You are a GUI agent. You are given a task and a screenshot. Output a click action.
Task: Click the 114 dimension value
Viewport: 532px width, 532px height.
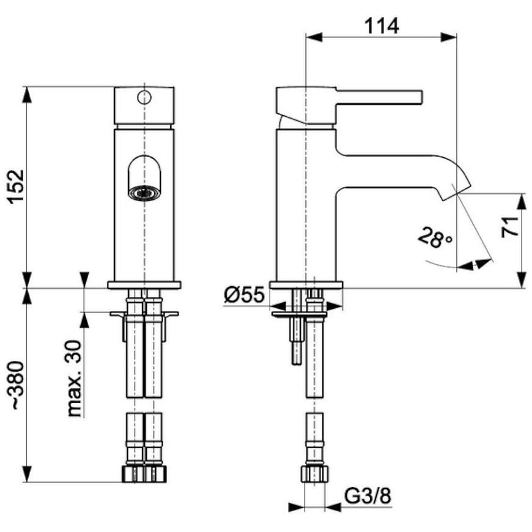pos(382,26)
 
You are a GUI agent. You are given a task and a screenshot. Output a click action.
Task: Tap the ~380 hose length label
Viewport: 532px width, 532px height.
pos(17,385)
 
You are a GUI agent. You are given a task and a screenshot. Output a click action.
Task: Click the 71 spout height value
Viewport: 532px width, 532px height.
pos(509,227)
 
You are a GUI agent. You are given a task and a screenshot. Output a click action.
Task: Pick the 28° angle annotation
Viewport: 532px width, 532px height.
pos(435,238)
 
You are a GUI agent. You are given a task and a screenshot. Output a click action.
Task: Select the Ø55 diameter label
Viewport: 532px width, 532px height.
pos(244,295)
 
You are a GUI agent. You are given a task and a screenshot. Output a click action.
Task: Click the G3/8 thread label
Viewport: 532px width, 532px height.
pos(368,496)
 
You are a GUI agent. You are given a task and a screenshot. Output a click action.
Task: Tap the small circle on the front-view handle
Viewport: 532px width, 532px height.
pos(144,97)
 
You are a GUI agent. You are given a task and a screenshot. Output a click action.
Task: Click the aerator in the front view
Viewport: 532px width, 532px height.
pos(144,193)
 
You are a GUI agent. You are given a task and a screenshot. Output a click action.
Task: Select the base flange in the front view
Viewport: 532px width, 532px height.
pos(144,285)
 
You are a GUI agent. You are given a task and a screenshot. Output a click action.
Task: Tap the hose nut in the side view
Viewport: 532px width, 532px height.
pos(315,474)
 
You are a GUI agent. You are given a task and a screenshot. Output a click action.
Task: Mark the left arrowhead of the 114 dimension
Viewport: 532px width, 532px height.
pos(314,37)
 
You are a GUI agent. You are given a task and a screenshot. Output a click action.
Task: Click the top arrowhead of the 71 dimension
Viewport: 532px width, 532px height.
pos(522,202)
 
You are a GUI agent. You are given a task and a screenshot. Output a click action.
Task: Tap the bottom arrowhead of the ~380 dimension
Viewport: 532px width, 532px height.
pos(27,474)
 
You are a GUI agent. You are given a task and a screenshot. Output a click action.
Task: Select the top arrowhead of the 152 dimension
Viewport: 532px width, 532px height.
pos(27,95)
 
